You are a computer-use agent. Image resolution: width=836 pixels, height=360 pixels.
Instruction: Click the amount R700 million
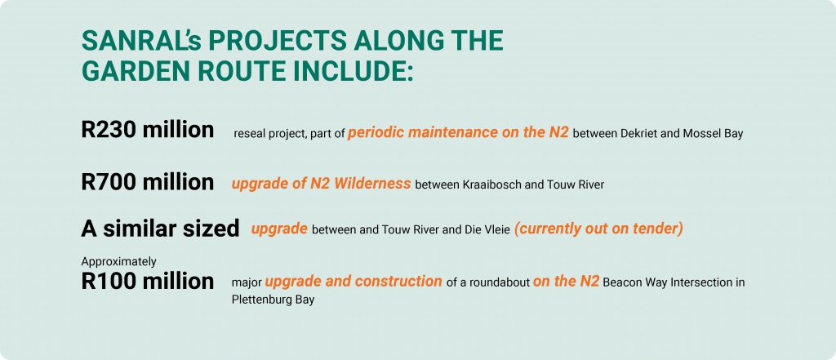tap(148, 181)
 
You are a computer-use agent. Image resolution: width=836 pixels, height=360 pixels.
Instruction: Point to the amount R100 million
tap(148, 281)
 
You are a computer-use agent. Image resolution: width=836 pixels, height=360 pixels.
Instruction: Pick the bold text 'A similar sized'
tap(160, 229)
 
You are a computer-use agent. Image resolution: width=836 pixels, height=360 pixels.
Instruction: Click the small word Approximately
tap(118, 261)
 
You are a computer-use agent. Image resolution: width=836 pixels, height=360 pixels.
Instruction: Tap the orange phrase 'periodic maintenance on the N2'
tap(458, 132)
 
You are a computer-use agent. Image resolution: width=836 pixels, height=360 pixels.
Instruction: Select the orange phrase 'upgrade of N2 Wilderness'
tap(321, 183)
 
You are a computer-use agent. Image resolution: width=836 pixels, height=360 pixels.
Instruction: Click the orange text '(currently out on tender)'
tap(598, 229)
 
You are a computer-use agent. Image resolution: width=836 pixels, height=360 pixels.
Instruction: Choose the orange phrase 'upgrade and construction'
tap(354, 282)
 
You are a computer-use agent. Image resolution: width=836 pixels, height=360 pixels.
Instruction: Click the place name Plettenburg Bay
tap(273, 300)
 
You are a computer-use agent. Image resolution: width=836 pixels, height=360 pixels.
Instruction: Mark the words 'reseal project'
tap(267, 134)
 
